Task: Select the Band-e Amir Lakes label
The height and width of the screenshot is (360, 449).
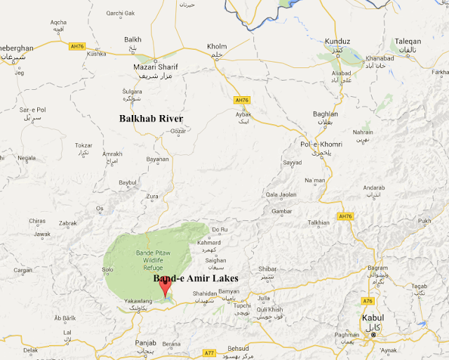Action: [x=196, y=279]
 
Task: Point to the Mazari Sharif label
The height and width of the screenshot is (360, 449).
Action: [x=156, y=67]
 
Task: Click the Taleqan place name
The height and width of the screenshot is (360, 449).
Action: [x=408, y=41]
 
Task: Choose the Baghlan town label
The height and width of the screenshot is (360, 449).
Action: [x=326, y=114]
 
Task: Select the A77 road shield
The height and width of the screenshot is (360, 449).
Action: [x=208, y=352]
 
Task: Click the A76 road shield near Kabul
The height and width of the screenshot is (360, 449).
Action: [x=368, y=301]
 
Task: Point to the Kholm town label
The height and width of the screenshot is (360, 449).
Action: [x=217, y=47]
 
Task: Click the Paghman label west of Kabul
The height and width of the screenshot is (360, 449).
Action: [x=347, y=335]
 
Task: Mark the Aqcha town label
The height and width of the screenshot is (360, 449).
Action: [x=58, y=22]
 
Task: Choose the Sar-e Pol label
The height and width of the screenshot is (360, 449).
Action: [x=32, y=110]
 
